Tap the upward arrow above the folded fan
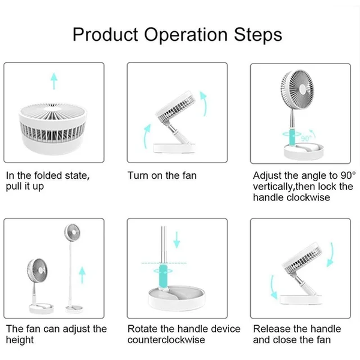pyautogui.click(x=54, y=80)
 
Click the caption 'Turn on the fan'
pyautogui.click(x=162, y=176)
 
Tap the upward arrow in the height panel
pyautogui.click(x=82, y=275)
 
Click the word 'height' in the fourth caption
pyautogui.click(x=20, y=340)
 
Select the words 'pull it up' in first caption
pyautogui.click(x=26, y=187)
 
